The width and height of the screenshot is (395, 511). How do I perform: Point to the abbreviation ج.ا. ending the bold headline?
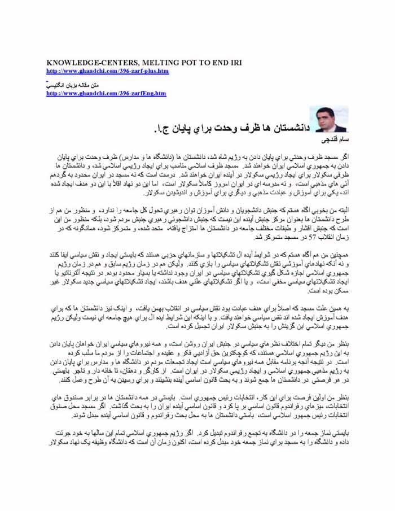[161, 129]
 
